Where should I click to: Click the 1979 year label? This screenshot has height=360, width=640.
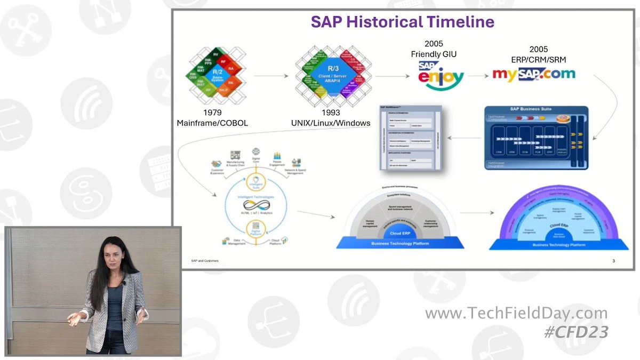point(212,113)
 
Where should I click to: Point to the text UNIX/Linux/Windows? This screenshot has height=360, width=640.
point(331,123)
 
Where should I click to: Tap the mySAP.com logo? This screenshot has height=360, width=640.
point(533,73)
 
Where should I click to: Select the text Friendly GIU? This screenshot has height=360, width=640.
point(433,54)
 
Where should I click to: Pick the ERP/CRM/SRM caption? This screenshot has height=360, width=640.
point(538,59)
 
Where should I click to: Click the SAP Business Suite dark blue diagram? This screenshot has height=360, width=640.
point(536,138)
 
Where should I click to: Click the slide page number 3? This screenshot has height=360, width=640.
point(614,261)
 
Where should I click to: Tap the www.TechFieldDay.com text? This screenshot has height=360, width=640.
point(516,313)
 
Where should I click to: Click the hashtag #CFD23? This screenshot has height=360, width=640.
point(575,332)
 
